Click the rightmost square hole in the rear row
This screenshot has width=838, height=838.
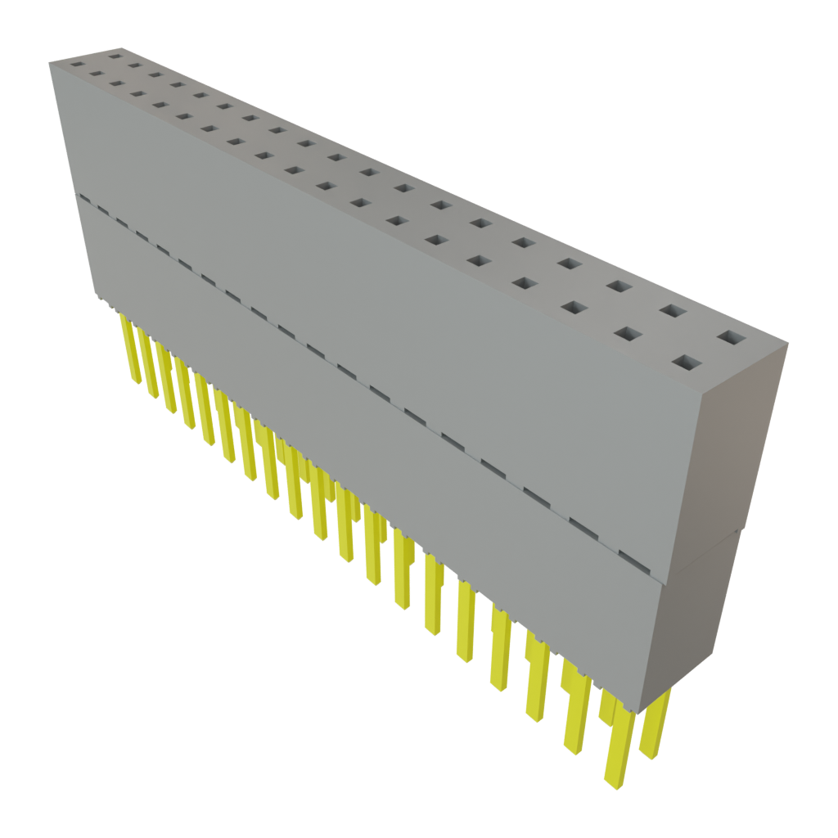pyautogui.click(x=732, y=337)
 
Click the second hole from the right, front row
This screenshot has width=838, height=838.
pyautogui.click(x=626, y=334)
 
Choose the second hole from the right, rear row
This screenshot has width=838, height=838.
pyautogui.click(x=673, y=311)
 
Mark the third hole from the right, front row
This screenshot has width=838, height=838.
pyautogui.click(x=574, y=308)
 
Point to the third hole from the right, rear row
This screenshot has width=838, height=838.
pyautogui.click(x=619, y=286)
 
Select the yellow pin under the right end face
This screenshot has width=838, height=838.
pyautogui.click(x=655, y=724)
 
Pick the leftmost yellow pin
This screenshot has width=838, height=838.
pyautogui.click(x=128, y=344)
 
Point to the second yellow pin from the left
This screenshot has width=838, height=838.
pyautogui.click(x=147, y=360)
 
